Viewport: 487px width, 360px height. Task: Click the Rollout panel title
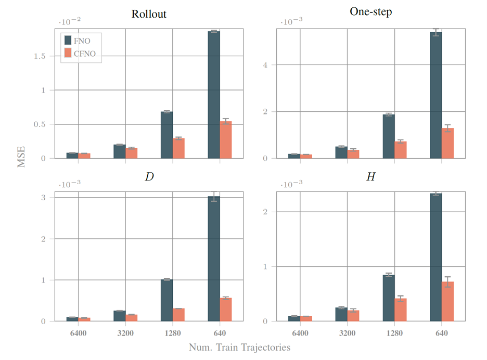149,14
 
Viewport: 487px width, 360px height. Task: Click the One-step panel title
370,12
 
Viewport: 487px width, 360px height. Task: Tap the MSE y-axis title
21,156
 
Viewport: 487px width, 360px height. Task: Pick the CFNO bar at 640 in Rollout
226,140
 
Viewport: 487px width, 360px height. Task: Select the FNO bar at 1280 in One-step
389,136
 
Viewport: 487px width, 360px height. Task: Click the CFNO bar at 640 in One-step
448,143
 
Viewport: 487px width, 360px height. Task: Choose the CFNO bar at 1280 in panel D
178,315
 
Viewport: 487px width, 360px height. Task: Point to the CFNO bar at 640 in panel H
448,301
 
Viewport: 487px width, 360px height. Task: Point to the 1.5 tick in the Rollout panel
44,56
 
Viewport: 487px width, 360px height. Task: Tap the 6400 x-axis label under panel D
78,332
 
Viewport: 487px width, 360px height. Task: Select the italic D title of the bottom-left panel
149,177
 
